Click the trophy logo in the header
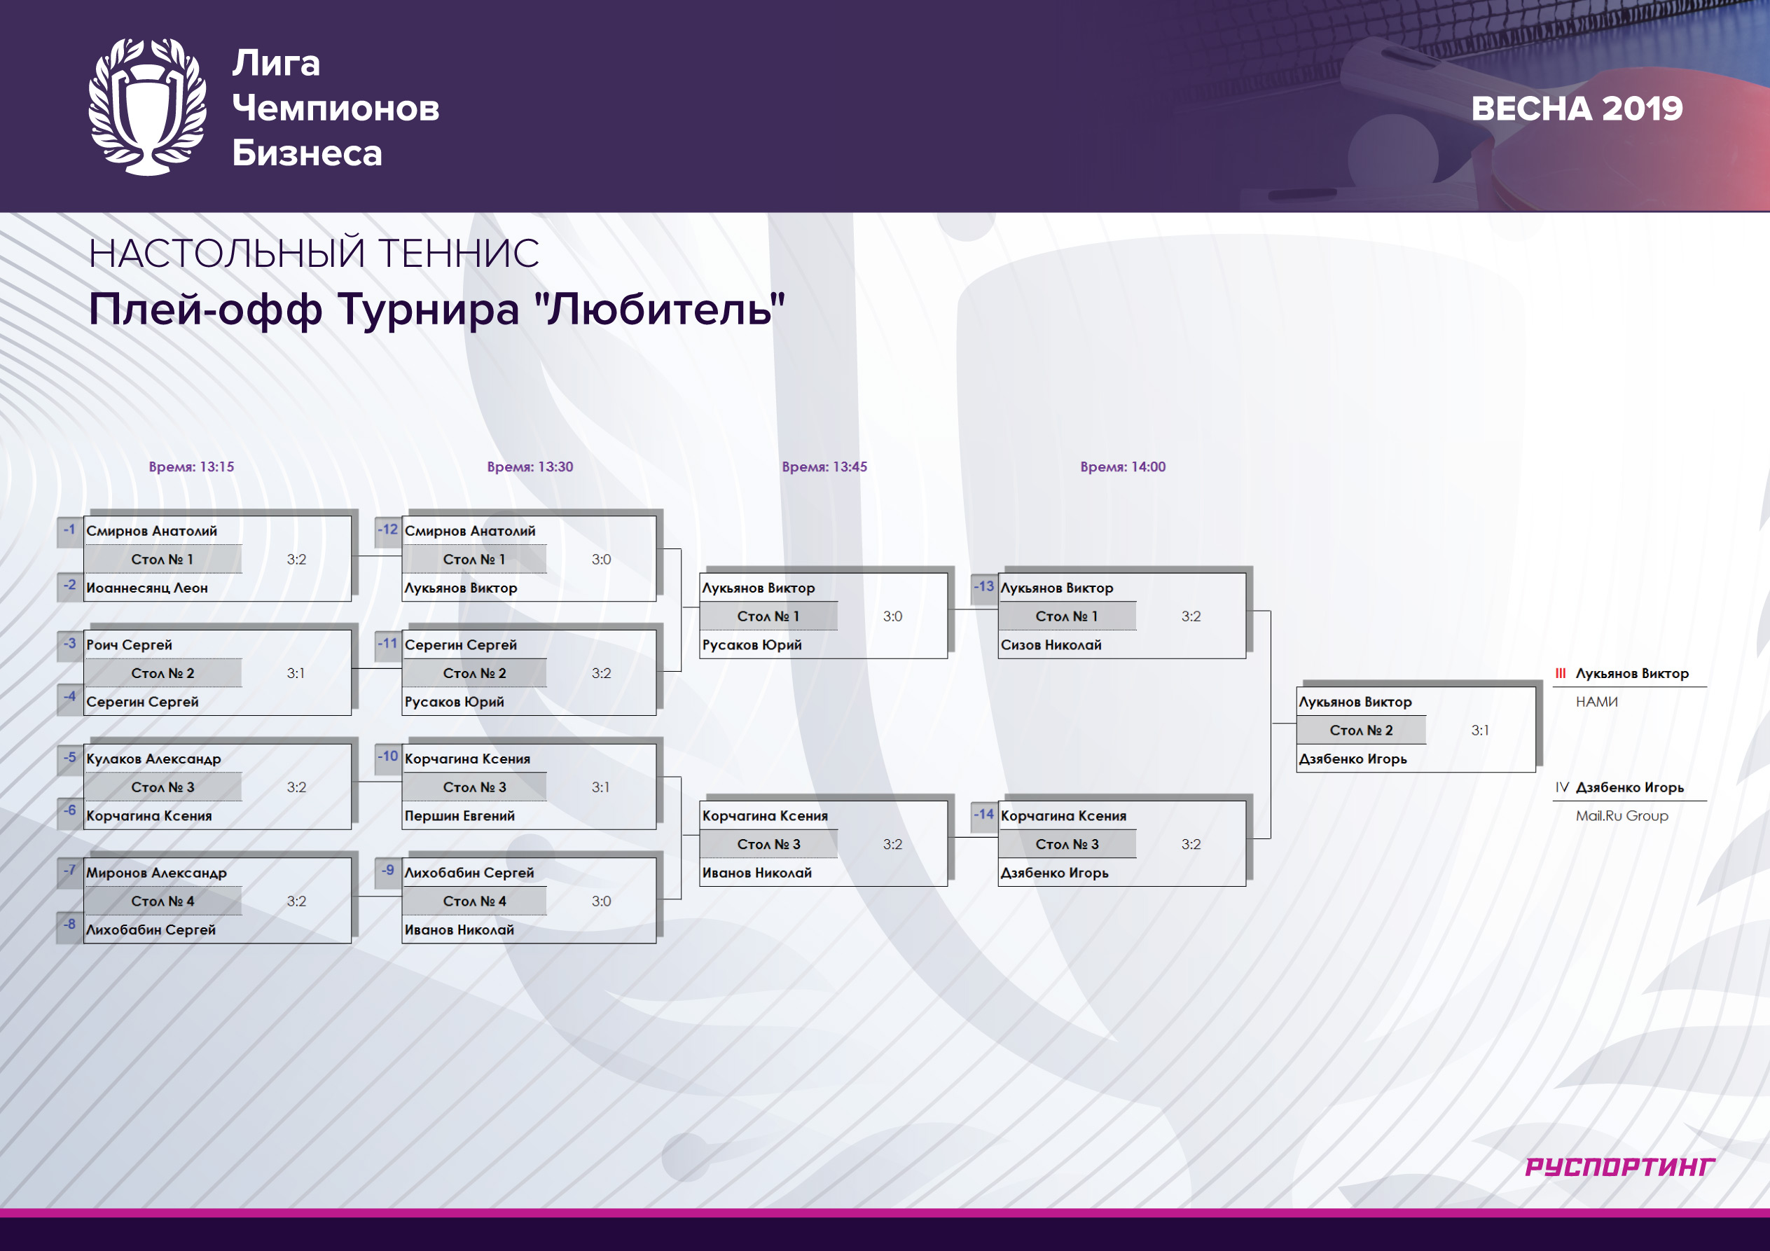147,106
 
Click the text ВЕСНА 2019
1577,109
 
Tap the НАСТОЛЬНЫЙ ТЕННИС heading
314,254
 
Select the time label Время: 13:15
191,466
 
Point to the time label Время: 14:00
1122,466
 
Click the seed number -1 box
70,530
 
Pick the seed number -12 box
388,530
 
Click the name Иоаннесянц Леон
147,588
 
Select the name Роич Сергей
129,645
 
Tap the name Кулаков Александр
153,759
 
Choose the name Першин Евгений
459,815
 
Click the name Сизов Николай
1051,645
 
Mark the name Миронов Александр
156,873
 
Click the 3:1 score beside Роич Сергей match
296,674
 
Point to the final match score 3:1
1480,731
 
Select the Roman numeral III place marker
1561,674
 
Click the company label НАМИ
1596,702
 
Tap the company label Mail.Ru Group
1622,816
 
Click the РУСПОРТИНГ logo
1619,1167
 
